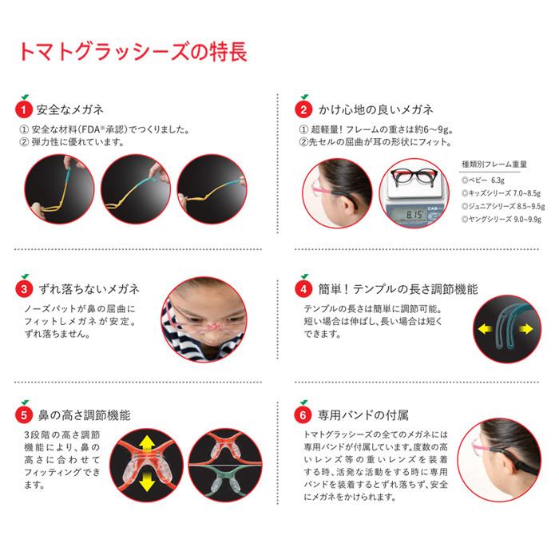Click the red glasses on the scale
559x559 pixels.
[415, 184]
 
